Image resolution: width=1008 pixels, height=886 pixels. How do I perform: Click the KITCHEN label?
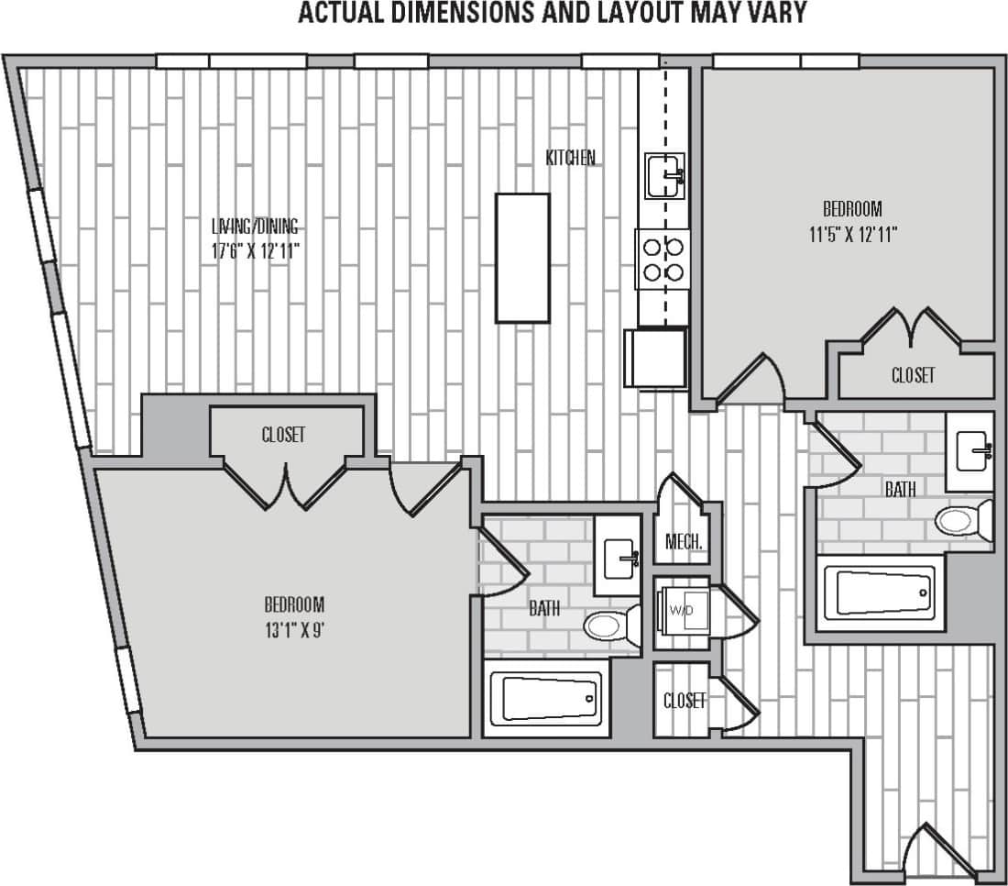570,158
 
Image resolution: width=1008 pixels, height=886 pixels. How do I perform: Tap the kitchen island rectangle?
522,258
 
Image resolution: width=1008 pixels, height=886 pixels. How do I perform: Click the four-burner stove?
663,259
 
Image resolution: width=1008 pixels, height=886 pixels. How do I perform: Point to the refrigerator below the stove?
655,358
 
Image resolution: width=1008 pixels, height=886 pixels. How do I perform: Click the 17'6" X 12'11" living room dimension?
256,249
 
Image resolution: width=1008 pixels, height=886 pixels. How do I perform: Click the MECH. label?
684,543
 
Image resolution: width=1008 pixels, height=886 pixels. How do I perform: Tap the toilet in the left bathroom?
610,626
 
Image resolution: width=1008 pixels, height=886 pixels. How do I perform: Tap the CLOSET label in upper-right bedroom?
913,375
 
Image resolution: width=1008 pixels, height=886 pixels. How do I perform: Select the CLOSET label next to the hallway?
685,702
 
